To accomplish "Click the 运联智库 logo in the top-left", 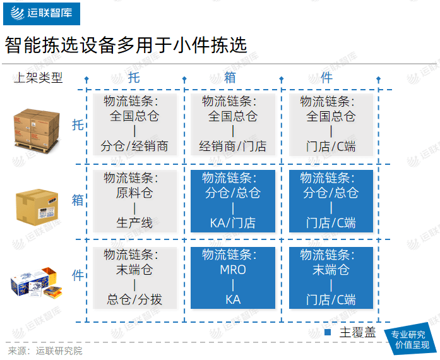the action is click(42, 13).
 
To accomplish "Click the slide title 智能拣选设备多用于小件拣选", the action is click(126, 45).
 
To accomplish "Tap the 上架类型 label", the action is click(38, 78).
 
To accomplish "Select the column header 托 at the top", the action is click(134, 78).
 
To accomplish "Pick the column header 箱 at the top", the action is click(230, 78).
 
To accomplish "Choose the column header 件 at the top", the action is click(326, 78).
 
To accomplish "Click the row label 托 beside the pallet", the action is click(78, 124).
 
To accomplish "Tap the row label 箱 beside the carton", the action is click(78, 200).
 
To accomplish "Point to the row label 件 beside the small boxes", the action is click(78, 275).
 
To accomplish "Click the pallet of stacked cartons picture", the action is click(37, 131).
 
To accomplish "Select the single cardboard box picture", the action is click(37, 207).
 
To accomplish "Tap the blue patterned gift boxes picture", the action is click(37, 282).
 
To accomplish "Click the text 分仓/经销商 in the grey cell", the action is click(134, 146).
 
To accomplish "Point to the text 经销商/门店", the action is click(233, 146).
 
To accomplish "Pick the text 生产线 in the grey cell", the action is click(134, 223).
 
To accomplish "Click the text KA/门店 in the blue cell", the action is click(233, 223).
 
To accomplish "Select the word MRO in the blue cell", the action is click(233, 270).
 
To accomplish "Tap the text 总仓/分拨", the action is click(134, 299).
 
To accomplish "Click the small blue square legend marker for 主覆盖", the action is click(328, 332).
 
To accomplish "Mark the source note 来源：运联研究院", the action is click(45, 351).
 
